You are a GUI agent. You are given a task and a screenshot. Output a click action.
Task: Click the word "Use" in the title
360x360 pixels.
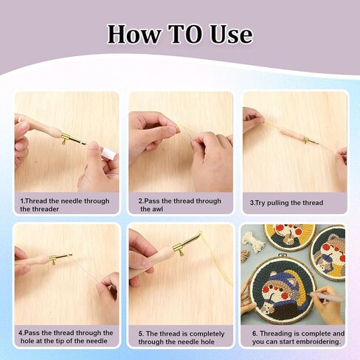[231, 34]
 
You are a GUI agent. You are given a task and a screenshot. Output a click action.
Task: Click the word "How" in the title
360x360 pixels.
[134, 34]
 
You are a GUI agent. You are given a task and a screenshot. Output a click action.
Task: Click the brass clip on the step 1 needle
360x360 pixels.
[65, 139]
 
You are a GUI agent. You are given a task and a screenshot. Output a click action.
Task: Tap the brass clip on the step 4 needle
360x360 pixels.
[54, 259]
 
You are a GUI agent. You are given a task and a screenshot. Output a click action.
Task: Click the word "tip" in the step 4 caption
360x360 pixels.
[60, 341]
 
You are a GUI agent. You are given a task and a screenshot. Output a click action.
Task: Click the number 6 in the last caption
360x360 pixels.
[255, 333]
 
